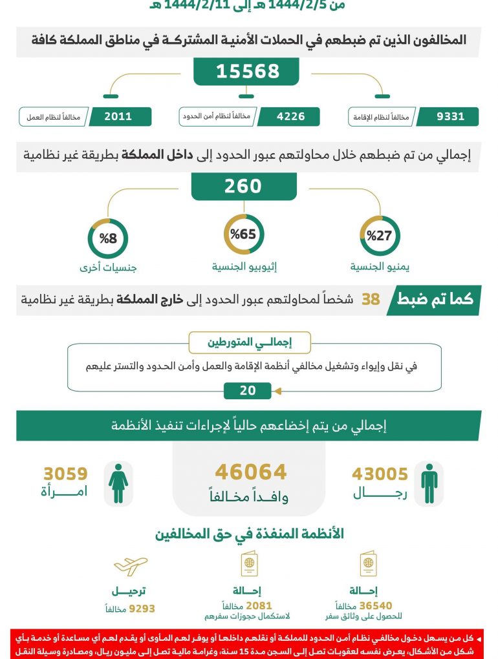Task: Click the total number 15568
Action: (x=247, y=71)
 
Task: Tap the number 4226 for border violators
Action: (x=290, y=117)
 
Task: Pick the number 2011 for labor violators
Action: (x=118, y=117)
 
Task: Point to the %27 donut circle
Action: (x=380, y=236)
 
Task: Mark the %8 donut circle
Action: (x=108, y=238)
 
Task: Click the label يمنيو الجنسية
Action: (x=380, y=266)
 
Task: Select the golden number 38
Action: (x=371, y=300)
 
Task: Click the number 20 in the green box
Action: (x=247, y=391)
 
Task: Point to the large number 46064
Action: (x=250, y=472)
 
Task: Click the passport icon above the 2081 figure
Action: (x=249, y=565)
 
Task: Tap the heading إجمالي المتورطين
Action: (x=249, y=342)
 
